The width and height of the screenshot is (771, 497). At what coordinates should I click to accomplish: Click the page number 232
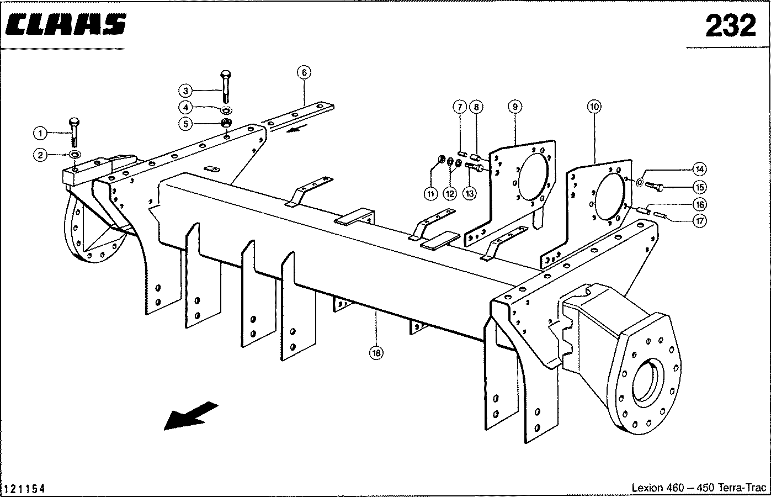[x=730, y=26]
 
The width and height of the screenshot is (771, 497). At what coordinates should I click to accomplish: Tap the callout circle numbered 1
[x=40, y=133]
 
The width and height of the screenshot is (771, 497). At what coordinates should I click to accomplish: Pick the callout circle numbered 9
[x=514, y=106]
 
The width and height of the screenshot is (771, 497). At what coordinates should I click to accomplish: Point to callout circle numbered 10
[x=594, y=106]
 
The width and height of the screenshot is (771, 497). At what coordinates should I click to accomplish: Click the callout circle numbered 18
[x=376, y=352]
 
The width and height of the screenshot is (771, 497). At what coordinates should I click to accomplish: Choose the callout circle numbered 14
[x=700, y=168]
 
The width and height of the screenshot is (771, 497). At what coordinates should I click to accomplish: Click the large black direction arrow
[x=190, y=415]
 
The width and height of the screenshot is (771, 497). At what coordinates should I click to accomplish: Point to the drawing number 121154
[x=24, y=488]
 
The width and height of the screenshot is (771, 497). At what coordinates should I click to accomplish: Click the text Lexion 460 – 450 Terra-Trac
[x=699, y=488]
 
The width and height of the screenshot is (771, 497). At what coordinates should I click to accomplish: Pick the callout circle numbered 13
[x=469, y=193]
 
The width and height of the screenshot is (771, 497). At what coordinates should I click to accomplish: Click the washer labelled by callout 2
[x=75, y=154]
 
